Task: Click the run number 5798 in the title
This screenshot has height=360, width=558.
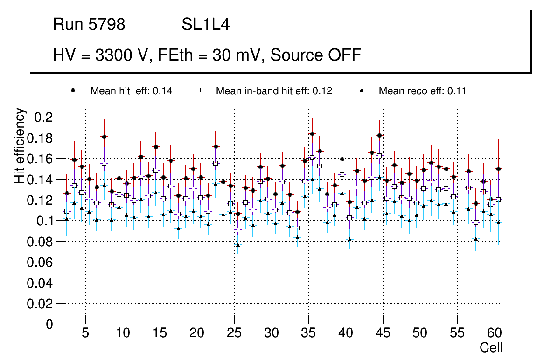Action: click(x=107, y=25)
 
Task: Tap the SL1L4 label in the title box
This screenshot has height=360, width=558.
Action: click(x=205, y=25)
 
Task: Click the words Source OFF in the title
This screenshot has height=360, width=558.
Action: click(x=316, y=55)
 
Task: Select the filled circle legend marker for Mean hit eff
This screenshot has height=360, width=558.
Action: click(x=73, y=90)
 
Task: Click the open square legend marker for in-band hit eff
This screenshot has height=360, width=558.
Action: click(x=198, y=90)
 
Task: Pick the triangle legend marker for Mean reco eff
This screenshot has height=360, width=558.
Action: click(x=362, y=90)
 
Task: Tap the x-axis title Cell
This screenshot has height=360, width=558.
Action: click(x=491, y=348)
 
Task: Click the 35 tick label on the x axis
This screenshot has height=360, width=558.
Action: click(x=308, y=334)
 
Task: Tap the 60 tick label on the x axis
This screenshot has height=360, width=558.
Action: click(x=495, y=334)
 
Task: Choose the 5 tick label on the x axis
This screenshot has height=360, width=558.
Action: click(x=85, y=334)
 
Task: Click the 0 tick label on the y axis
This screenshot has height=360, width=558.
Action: click(x=48, y=324)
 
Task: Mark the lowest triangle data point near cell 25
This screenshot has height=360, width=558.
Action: click(x=238, y=245)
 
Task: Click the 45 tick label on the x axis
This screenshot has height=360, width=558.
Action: click(x=383, y=334)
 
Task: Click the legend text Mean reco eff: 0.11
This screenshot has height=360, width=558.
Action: click(x=422, y=90)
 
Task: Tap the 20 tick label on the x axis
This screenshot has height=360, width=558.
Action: click(x=197, y=334)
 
